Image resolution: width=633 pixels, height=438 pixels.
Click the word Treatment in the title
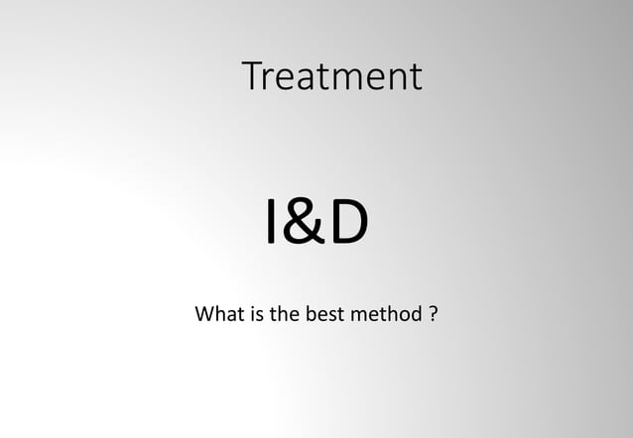click(331, 76)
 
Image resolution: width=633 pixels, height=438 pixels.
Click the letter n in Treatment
click(394, 79)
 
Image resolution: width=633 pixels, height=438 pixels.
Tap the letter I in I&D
click(271, 225)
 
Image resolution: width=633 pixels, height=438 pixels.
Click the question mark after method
click(435, 317)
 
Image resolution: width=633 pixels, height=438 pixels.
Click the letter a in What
click(227, 319)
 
